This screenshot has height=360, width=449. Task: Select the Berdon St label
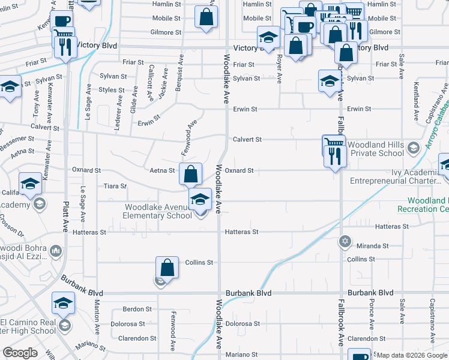click(137, 309)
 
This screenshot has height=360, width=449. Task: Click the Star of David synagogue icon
click(344, 242)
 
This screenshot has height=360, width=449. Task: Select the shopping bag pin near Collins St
click(167, 267)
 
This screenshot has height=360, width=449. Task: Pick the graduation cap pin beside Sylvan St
click(330, 80)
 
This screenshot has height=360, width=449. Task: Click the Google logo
click(20, 353)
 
